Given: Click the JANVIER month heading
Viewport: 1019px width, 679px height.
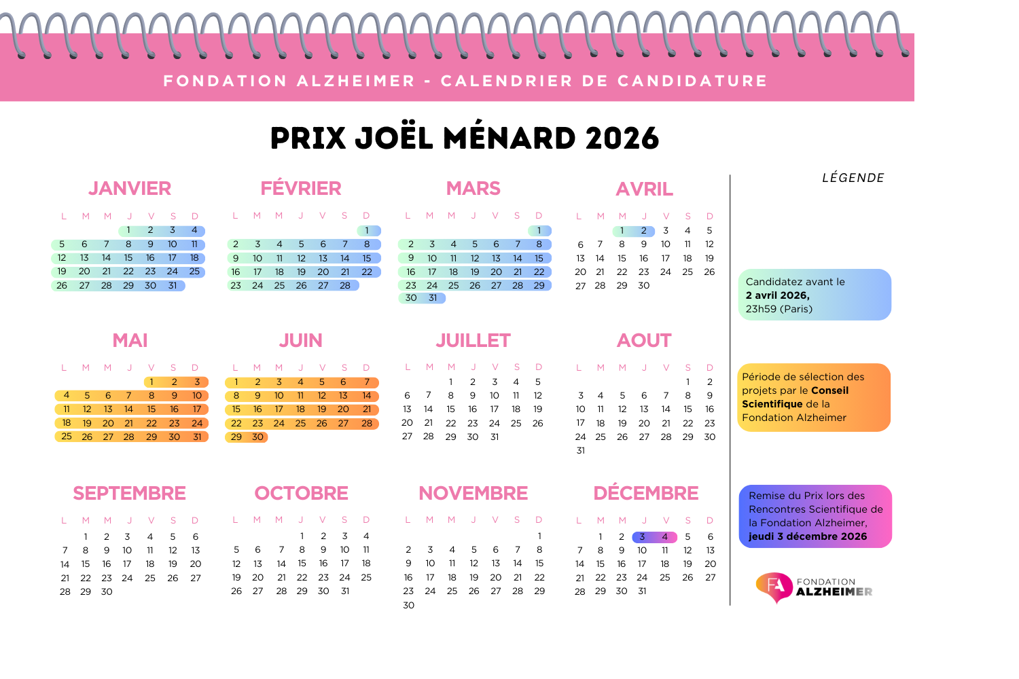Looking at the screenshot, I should [129, 188].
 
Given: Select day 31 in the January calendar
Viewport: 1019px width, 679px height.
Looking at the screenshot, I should [173, 286].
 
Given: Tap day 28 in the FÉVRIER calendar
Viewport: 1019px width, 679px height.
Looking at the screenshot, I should [345, 286].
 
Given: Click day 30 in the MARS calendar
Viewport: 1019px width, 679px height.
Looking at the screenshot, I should [411, 298].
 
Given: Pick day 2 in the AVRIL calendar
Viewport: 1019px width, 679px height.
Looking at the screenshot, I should [644, 231].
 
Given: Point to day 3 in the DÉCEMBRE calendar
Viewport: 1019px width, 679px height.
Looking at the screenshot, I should [642, 537].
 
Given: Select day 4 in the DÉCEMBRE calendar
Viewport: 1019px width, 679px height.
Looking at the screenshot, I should [665, 537].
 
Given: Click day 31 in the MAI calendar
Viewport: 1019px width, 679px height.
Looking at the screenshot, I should [197, 437].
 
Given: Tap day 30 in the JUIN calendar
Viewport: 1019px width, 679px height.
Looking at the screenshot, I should [257, 437].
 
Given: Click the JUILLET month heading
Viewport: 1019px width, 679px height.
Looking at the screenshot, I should [473, 340].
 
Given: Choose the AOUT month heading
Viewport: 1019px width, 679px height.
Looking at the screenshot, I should [644, 340].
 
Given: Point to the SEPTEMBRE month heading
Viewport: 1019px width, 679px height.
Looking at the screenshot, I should [129, 493].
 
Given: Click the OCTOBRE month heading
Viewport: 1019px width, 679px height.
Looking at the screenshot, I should [301, 493].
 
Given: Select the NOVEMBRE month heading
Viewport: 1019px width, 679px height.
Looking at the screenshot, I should [473, 493].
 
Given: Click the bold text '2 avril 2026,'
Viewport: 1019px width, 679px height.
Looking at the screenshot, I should [777, 295].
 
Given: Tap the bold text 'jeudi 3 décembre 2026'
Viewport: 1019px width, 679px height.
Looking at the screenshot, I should [808, 536].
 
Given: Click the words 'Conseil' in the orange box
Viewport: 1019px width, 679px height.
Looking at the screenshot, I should [829, 390].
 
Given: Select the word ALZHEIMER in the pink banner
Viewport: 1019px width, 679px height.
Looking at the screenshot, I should [356, 81].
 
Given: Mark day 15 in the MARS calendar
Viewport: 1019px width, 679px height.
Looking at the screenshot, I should [539, 259].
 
